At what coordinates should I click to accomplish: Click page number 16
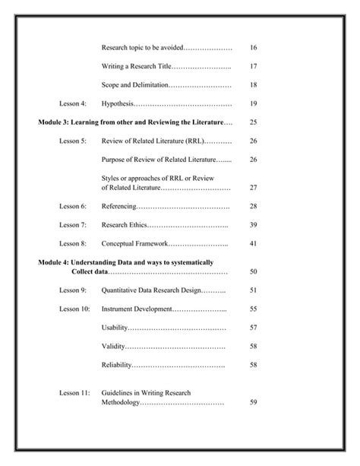[254, 48]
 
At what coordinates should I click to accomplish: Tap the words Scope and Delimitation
[135, 84]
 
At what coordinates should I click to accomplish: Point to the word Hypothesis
[117, 103]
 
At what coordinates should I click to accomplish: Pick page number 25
[254, 122]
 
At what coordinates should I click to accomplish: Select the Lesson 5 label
[73, 141]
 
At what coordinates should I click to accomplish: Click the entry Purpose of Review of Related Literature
[158, 159]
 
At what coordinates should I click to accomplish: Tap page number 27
[254, 187]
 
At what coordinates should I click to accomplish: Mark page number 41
[254, 243]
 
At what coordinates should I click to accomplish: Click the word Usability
[114, 328]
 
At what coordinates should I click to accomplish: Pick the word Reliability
[116, 365]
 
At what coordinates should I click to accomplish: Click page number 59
[254, 402]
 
